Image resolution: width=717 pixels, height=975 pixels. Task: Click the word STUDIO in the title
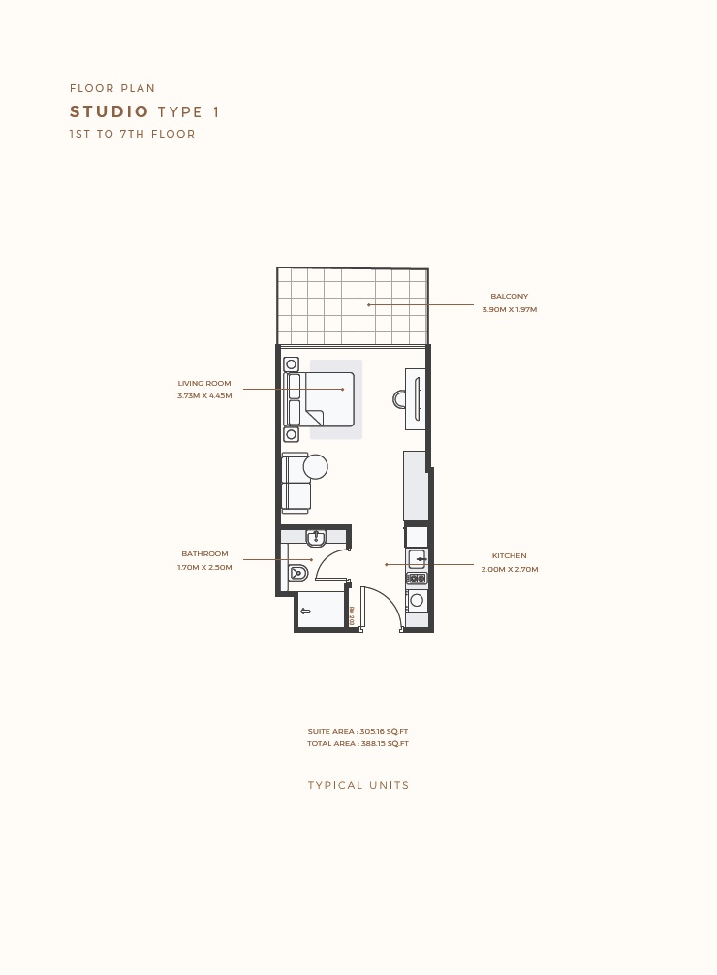109,112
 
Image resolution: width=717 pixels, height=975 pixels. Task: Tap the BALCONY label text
509,297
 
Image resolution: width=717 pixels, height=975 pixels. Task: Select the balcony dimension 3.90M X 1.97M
509,310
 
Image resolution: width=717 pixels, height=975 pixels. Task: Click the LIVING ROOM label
204,384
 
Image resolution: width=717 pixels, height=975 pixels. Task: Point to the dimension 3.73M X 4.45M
204,396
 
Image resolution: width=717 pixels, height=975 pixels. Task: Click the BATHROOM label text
204,554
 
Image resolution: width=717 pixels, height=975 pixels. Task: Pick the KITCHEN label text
509,556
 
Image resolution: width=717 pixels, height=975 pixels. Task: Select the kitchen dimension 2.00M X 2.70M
509,570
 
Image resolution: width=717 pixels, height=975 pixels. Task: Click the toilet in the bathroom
297,574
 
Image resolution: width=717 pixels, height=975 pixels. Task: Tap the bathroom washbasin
316,537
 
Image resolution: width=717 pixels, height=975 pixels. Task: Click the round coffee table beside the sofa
316,467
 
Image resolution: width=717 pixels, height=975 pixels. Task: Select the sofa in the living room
296,483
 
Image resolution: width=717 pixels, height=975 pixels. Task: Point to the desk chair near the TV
399,398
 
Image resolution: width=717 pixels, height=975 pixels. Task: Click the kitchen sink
417,559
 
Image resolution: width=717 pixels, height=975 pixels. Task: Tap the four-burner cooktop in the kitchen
417,579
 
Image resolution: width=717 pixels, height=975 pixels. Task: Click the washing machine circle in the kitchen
417,600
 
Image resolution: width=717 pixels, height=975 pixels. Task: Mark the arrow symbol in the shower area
305,611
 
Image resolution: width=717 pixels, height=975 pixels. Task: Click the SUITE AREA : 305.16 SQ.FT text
358,732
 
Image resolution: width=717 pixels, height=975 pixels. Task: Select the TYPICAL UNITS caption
358,786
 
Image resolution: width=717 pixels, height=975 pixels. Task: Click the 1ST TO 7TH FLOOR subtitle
132,135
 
